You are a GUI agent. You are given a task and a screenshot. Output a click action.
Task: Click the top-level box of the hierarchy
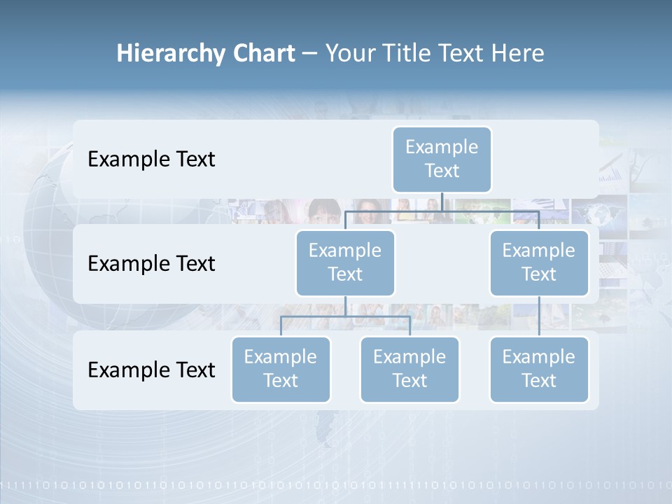tap(442, 159)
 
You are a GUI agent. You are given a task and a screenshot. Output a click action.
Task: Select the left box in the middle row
tap(345, 262)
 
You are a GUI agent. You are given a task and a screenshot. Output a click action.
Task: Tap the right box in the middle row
tap(539, 262)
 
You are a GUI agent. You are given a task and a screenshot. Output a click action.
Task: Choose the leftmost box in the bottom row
tap(281, 369)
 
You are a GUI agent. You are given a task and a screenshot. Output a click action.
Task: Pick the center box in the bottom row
tap(409, 369)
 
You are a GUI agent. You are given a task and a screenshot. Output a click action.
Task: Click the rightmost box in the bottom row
tap(539, 369)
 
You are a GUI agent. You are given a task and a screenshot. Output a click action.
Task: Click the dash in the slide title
tap(309, 53)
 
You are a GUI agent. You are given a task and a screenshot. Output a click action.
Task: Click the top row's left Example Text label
tap(151, 159)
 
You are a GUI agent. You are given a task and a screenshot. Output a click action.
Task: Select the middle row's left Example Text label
tap(151, 263)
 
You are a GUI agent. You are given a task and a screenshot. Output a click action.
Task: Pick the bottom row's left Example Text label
tap(151, 369)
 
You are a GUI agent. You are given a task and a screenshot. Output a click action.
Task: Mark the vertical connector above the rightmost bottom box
tap(539, 316)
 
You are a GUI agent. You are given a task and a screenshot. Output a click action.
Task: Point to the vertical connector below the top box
tap(442, 202)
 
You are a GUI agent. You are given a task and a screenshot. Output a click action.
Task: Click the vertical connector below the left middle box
tap(345, 306)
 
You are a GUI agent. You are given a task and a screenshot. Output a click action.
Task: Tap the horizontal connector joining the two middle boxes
tap(442, 211)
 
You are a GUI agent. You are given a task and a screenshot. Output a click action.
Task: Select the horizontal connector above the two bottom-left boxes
tap(345, 316)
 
